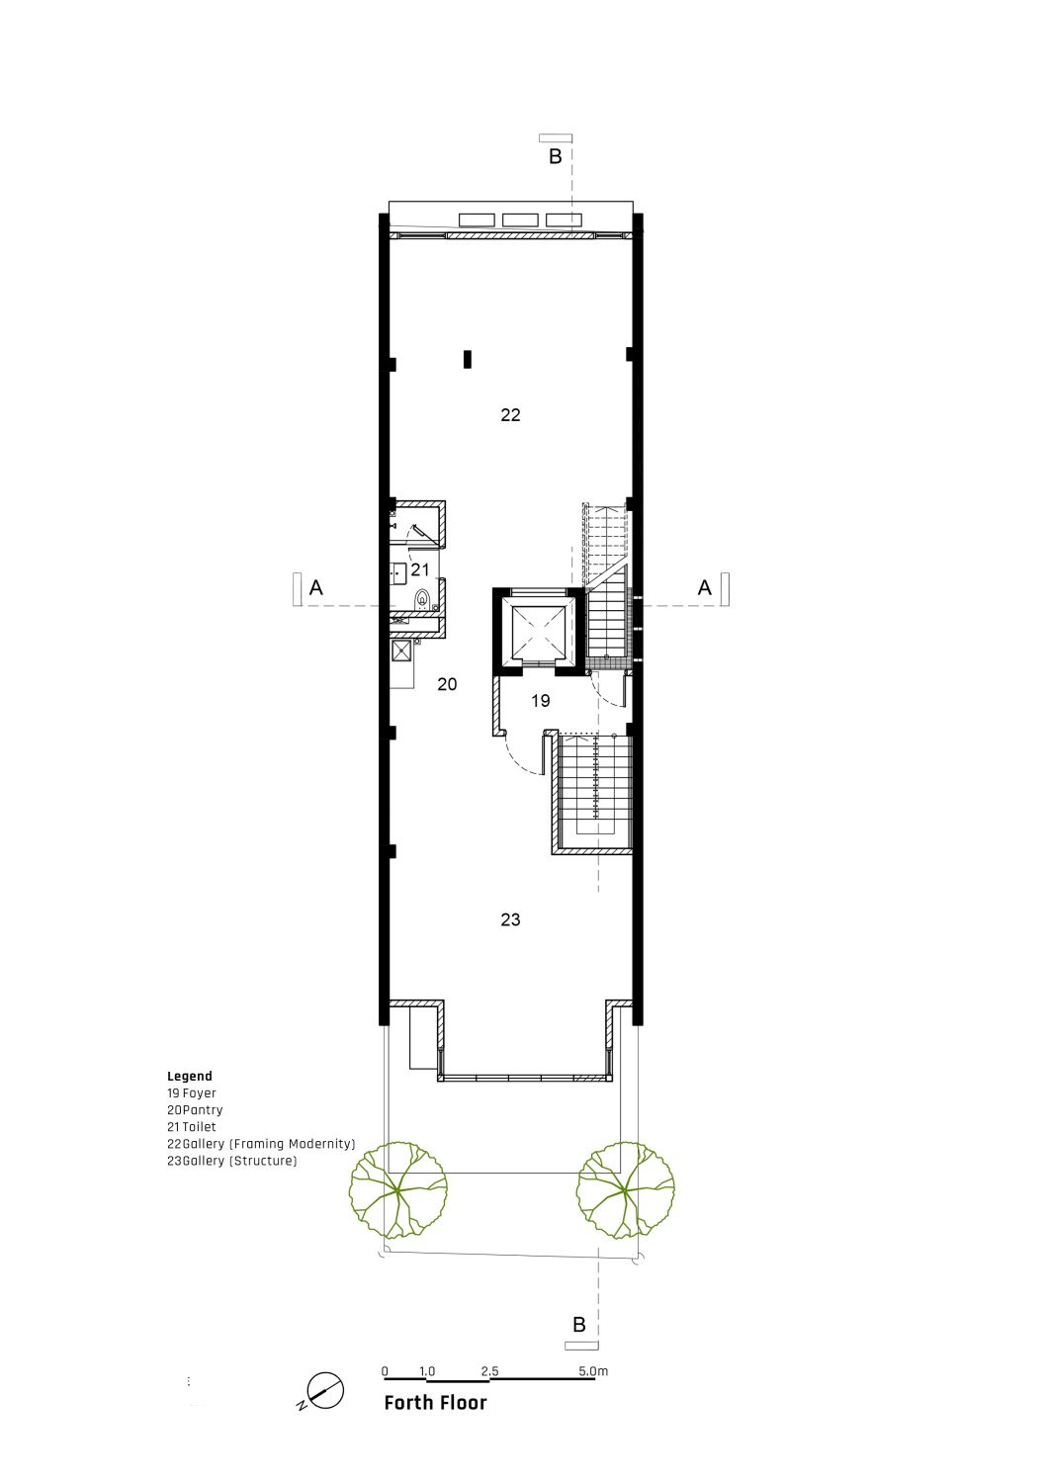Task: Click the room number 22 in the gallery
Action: pyautogui.click(x=510, y=415)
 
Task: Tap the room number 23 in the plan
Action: pyautogui.click(x=510, y=919)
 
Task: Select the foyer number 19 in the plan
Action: pyautogui.click(x=540, y=700)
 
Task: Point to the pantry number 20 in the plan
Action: pyautogui.click(x=447, y=684)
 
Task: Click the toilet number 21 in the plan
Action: pyautogui.click(x=420, y=569)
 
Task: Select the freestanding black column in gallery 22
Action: pyautogui.click(x=468, y=359)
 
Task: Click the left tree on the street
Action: pyautogui.click(x=398, y=1190)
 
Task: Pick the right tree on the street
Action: pyautogui.click(x=625, y=1190)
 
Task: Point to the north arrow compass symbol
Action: pyautogui.click(x=323, y=1390)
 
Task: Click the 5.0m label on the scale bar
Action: pyautogui.click(x=592, y=1371)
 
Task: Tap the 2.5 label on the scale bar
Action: pyautogui.click(x=490, y=1371)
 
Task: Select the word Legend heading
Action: pyautogui.click(x=190, y=1077)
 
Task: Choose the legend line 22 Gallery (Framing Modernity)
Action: pyautogui.click(x=261, y=1144)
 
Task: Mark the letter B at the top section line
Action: pyautogui.click(x=556, y=156)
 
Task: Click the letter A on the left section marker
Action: pyautogui.click(x=315, y=587)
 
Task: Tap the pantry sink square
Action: pyautogui.click(x=401, y=652)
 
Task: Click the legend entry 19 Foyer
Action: pyautogui.click(x=192, y=1093)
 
